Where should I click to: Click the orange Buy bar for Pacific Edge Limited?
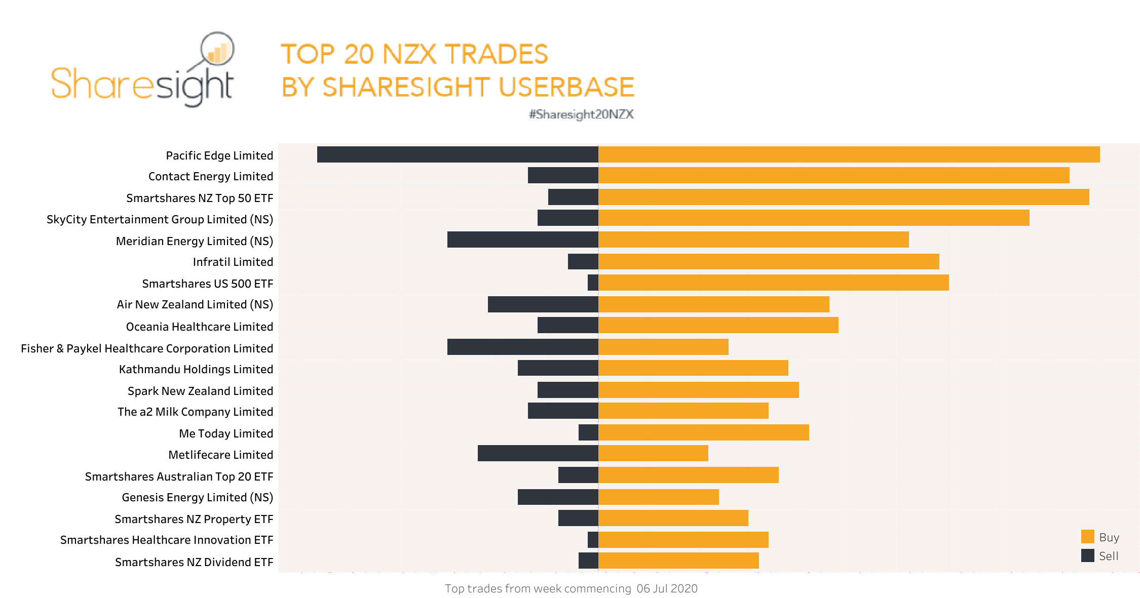(x=849, y=154)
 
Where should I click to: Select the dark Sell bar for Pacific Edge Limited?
(x=458, y=154)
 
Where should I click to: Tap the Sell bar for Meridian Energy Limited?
(x=522, y=240)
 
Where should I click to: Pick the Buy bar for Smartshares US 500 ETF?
(x=773, y=283)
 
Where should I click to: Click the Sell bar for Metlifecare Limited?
(x=538, y=453)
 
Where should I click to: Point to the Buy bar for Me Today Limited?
(x=703, y=432)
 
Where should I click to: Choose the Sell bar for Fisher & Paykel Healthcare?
(x=522, y=347)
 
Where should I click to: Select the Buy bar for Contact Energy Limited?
(x=833, y=175)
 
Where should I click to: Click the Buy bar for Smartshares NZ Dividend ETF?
(x=678, y=561)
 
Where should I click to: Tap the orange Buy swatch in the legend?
(x=1087, y=537)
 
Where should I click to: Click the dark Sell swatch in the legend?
(x=1087, y=555)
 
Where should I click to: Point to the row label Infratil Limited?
(x=233, y=262)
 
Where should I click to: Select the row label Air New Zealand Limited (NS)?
(x=195, y=304)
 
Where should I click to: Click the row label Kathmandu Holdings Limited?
(x=196, y=369)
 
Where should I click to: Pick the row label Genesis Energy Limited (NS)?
(x=197, y=497)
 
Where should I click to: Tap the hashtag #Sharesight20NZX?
(x=581, y=114)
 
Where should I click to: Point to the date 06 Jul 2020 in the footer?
(x=667, y=588)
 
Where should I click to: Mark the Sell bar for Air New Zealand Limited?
(x=543, y=304)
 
